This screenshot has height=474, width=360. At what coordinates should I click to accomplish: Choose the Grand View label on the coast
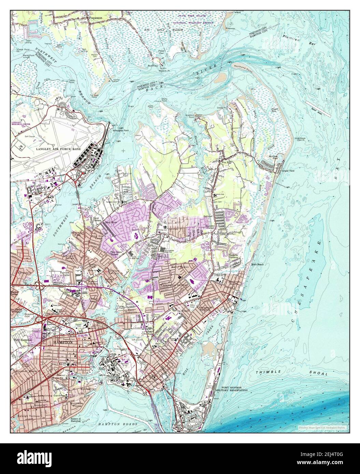(288, 171)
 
